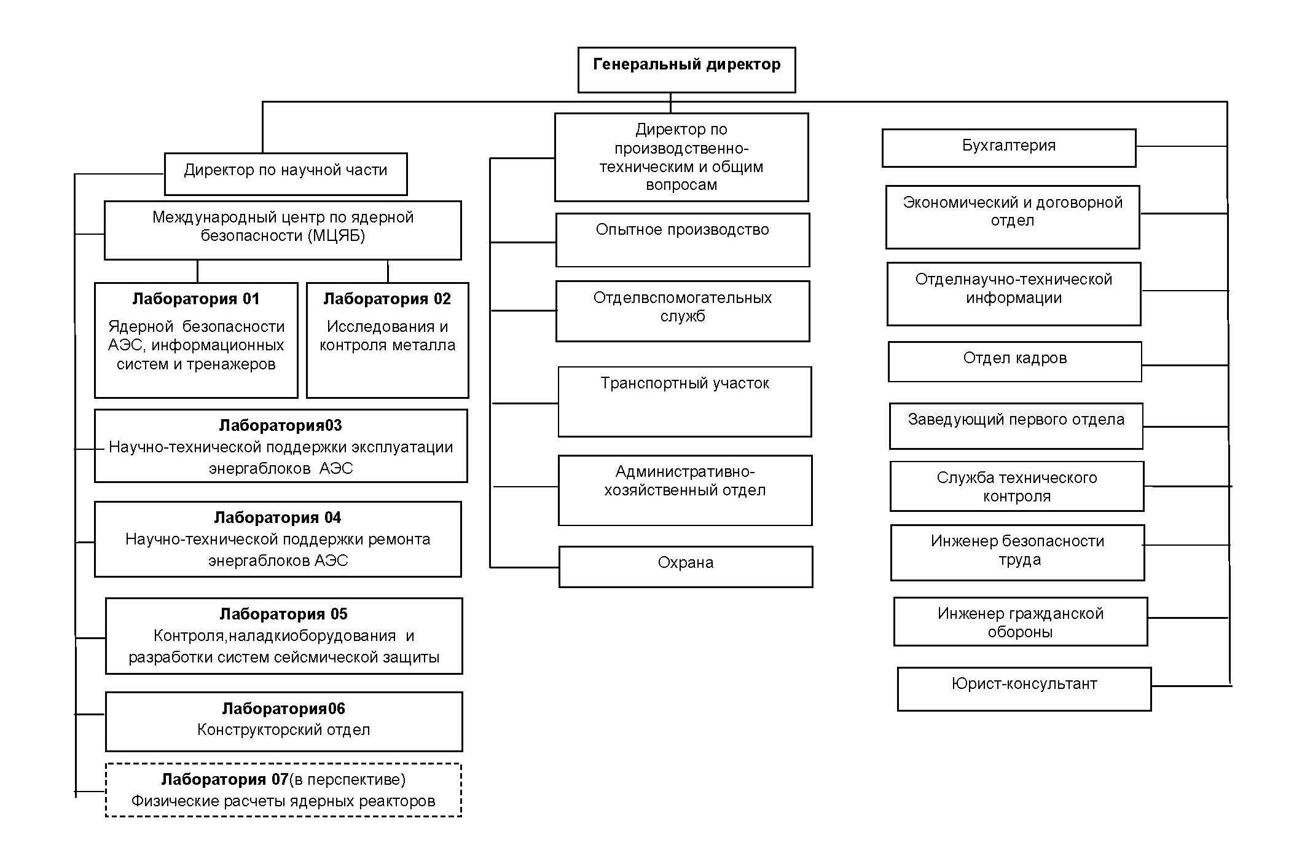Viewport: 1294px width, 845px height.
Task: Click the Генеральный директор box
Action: pyautogui.click(x=686, y=70)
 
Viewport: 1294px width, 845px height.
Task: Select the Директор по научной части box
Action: pyautogui.click(x=286, y=174)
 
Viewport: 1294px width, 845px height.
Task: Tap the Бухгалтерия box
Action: pyautogui.click(x=1009, y=147)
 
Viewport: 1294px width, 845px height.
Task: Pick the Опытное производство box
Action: pyautogui.click(x=683, y=240)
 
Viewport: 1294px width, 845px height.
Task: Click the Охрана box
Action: pyautogui.click(x=686, y=567)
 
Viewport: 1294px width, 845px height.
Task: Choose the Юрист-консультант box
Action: pyautogui.click(x=1024, y=689)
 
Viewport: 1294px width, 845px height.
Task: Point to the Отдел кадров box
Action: pyautogui.click(x=1015, y=361)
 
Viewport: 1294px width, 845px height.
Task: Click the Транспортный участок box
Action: pyautogui.click(x=684, y=401)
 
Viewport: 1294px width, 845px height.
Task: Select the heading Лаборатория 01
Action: pyautogui.click(x=196, y=299)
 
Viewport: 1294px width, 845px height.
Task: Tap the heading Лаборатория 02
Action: pyautogui.click(x=387, y=299)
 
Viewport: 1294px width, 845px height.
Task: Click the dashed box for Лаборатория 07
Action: pyautogui.click(x=283, y=790)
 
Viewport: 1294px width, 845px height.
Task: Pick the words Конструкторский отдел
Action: pyautogui.click(x=284, y=730)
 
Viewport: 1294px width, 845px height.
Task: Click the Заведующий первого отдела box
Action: pyautogui.click(x=1016, y=426)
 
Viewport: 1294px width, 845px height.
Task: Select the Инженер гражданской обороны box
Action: pyautogui.click(x=1021, y=621)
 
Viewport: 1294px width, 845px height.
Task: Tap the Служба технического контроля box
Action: pyautogui.click(x=1017, y=486)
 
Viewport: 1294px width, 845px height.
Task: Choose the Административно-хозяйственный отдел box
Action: pyautogui.click(x=685, y=490)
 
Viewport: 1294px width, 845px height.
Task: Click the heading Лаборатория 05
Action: pyautogui.click(x=284, y=614)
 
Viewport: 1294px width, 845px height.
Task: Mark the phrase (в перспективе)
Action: pyautogui.click(x=347, y=780)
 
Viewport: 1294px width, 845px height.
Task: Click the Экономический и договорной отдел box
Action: pyautogui.click(x=1013, y=217)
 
